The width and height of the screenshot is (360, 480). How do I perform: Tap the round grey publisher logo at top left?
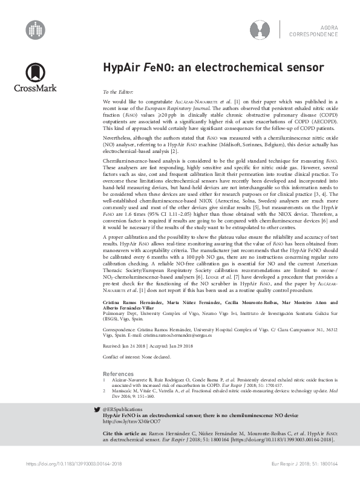pos(35,28)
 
